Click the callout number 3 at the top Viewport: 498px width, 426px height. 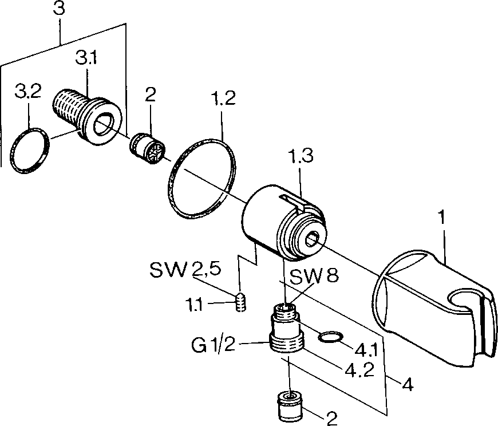pos(59,9)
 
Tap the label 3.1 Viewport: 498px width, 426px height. pos(86,58)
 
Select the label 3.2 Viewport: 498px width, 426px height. pos(28,91)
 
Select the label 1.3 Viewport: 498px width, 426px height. pos(301,156)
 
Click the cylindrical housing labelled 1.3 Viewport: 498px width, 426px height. pos(283,222)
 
